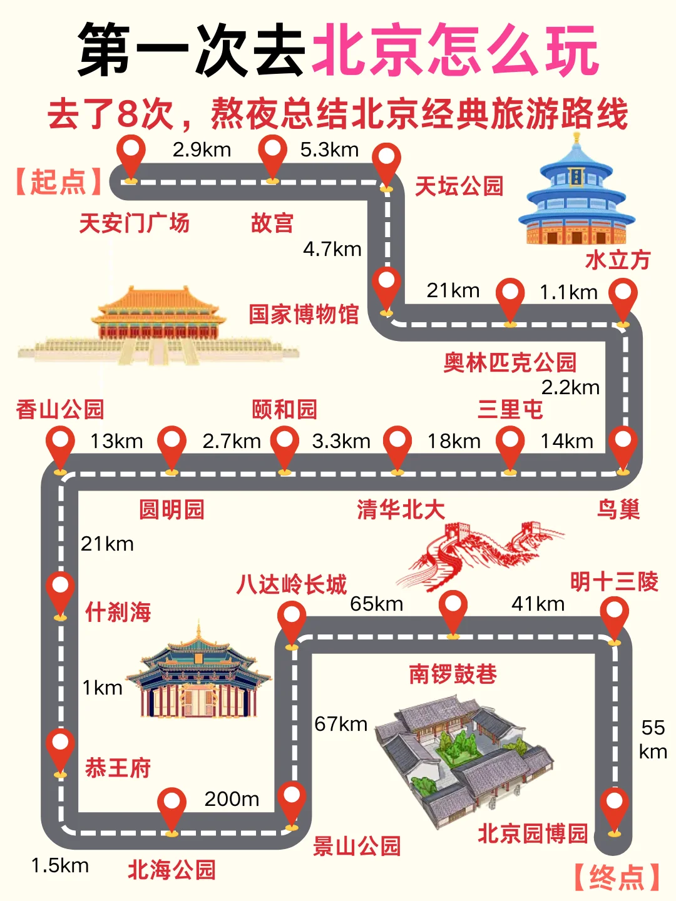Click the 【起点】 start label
point(58,182)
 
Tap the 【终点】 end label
point(617,877)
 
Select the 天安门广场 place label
point(134,223)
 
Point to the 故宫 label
point(272,223)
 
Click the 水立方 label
point(618,260)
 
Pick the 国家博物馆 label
point(304,314)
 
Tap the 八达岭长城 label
point(291,584)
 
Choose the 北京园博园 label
point(533,833)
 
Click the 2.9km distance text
point(202,150)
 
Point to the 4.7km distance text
point(332,249)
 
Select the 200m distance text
point(232,799)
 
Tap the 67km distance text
point(341,724)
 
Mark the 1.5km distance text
point(60,865)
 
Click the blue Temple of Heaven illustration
point(576,194)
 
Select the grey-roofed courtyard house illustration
point(463,757)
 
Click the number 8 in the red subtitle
point(127,114)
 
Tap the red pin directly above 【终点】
point(614,808)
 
